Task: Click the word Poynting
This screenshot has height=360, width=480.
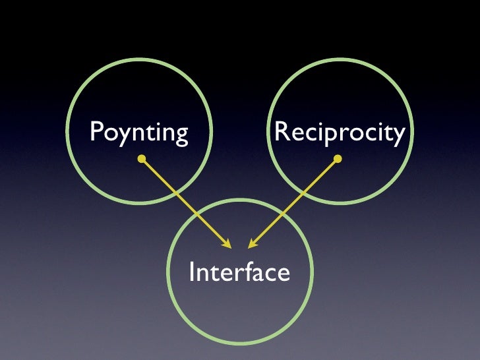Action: [x=138, y=133]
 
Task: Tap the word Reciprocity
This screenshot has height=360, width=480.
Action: [x=339, y=133]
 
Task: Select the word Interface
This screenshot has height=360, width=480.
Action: [x=239, y=272]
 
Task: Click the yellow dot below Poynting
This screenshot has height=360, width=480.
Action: [x=141, y=159]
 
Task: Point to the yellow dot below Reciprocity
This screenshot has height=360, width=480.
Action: [x=338, y=159]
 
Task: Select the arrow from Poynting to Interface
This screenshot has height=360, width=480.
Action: [x=185, y=202]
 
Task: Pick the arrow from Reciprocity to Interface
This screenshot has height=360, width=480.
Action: [x=294, y=202]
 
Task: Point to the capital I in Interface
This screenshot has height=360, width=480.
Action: [x=193, y=271]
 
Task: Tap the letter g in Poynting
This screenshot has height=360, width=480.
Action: [x=181, y=135]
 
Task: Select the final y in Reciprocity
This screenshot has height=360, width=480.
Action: [x=398, y=135]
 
